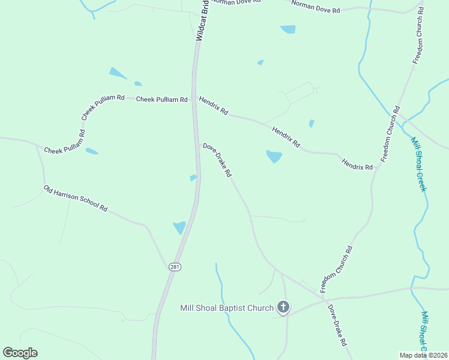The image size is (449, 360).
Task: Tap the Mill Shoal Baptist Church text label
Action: tap(228, 308)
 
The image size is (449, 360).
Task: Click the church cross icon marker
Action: tap(283, 308)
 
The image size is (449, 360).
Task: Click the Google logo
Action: tap(20, 353)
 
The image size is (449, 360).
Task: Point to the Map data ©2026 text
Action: tap(423, 355)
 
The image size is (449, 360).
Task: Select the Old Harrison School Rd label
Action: tap(76, 199)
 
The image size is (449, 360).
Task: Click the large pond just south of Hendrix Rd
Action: tap(274, 157)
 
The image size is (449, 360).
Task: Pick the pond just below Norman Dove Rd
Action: tap(288, 29)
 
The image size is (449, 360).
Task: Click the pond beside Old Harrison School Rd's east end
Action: tap(179, 227)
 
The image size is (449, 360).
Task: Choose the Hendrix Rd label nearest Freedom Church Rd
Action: tap(357, 163)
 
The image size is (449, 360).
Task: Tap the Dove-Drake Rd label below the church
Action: tap(337, 325)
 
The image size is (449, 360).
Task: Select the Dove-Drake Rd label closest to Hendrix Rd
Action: tap(217, 160)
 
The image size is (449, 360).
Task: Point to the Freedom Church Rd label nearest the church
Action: tap(337, 269)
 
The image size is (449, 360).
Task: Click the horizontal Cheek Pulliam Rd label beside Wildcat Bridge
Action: tap(162, 100)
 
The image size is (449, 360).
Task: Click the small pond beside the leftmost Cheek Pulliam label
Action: tap(91, 151)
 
